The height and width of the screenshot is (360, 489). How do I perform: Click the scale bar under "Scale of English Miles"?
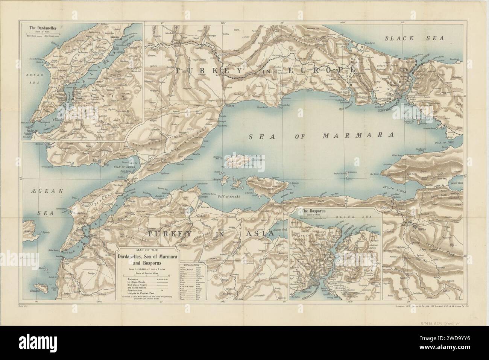pos(147,276)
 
